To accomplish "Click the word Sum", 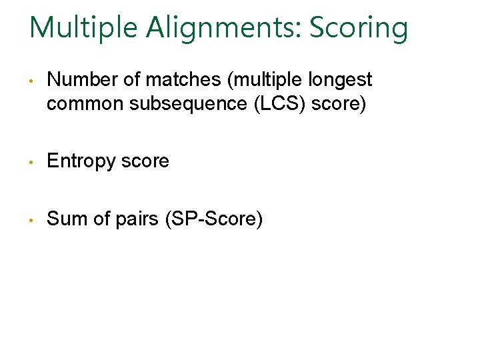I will click(64, 218).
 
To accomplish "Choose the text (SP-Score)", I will click(213, 218).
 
